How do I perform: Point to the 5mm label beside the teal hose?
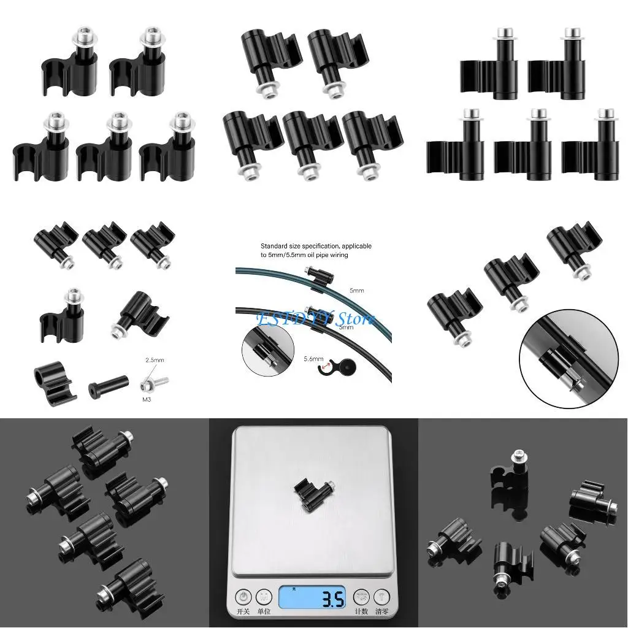[x=356, y=289]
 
